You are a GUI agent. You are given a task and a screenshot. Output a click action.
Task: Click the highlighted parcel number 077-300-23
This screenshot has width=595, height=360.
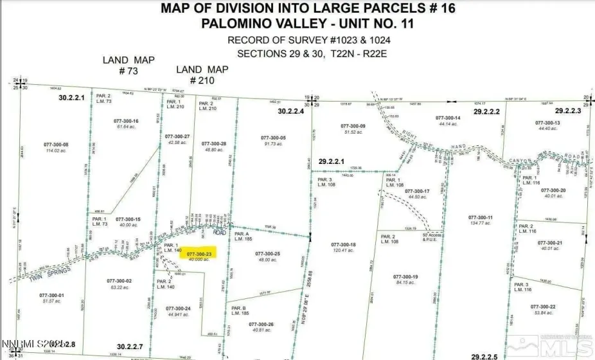pos(199,254)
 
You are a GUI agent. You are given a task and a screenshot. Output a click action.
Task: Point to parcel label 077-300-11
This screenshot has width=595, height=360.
pos(481,218)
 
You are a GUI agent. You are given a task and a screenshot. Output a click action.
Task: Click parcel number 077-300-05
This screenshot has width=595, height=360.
pos(274,138)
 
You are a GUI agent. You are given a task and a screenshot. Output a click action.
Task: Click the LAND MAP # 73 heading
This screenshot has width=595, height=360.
pos(129,66)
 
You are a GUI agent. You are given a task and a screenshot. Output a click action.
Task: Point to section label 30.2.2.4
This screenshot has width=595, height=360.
pos(290,111)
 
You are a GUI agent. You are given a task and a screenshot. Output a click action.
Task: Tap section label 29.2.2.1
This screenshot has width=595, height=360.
pos(332,161)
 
